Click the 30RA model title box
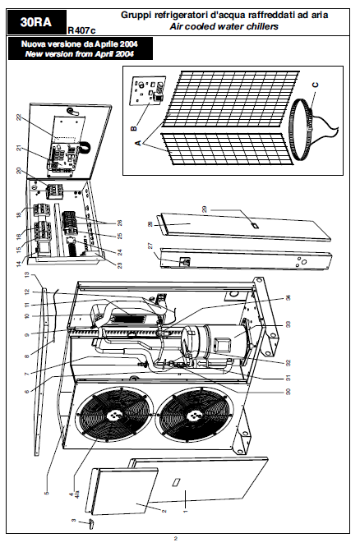(x=37, y=22)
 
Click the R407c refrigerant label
(x=81, y=30)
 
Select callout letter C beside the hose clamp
(x=315, y=85)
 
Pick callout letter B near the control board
(x=134, y=128)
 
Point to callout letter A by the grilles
(x=138, y=142)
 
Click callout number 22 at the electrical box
(x=19, y=117)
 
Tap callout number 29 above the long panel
(x=205, y=209)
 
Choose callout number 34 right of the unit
(x=288, y=298)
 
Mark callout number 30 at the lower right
(x=288, y=392)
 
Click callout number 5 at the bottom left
(x=47, y=493)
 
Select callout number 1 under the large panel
(x=186, y=511)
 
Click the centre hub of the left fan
(x=114, y=414)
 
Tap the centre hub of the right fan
(x=193, y=415)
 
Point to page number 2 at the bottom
(x=176, y=538)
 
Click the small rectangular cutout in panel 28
(x=256, y=226)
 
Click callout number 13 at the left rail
(x=27, y=275)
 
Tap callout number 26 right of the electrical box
(x=120, y=223)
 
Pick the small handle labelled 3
(x=90, y=523)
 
